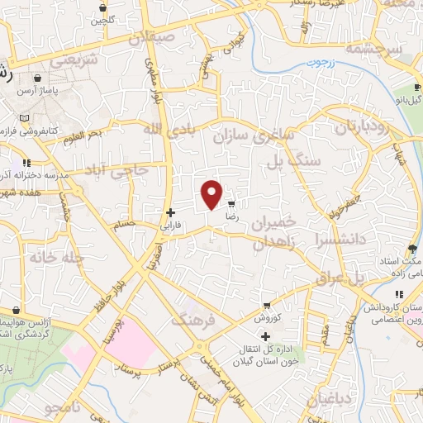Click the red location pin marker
pos(212,194)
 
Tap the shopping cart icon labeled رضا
pos(231,202)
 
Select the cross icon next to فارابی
pos(170,212)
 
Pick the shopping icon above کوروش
pos(266,305)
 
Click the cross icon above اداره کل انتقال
pos(265,336)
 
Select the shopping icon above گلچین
pos(102,7)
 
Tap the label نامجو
pos(63,409)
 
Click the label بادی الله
pos(165,129)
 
